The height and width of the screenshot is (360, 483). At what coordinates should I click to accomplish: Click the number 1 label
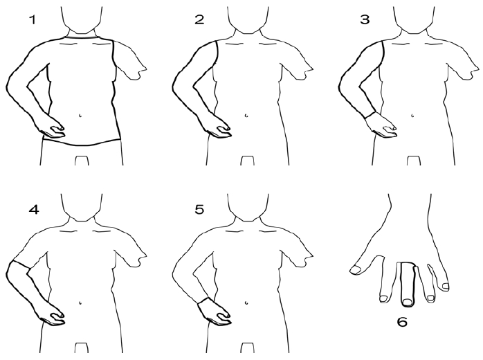[x=32, y=20]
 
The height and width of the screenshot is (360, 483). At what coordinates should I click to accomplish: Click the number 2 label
[x=199, y=19]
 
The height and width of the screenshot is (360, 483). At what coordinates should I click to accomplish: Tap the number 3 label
[x=365, y=19]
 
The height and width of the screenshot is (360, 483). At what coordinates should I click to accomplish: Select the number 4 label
[x=34, y=210]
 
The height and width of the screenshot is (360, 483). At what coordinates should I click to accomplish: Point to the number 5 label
[x=199, y=210]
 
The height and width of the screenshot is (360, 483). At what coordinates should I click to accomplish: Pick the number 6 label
[x=402, y=322]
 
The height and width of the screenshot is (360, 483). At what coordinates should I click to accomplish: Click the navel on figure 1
[x=80, y=116]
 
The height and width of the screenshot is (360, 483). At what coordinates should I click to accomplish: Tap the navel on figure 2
[x=246, y=116]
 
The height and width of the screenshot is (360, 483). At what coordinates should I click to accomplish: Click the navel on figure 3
[x=413, y=116]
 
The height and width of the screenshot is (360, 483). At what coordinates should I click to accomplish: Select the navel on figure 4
[x=80, y=303]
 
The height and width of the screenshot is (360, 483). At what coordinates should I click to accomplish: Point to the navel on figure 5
[x=246, y=303]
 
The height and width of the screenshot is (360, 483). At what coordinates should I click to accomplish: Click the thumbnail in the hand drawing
[x=356, y=270]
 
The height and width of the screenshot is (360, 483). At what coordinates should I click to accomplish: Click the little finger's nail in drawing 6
[x=445, y=287]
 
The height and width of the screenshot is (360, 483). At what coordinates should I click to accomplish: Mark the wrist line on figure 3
[x=370, y=115]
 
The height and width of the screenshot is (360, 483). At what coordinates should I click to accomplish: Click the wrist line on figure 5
[x=203, y=300]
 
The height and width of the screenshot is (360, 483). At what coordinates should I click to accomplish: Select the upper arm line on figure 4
[x=19, y=264]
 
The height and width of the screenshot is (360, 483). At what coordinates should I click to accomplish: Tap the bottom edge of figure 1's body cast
[x=82, y=143]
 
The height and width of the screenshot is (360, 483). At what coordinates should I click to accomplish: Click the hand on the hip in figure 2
[x=219, y=128]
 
